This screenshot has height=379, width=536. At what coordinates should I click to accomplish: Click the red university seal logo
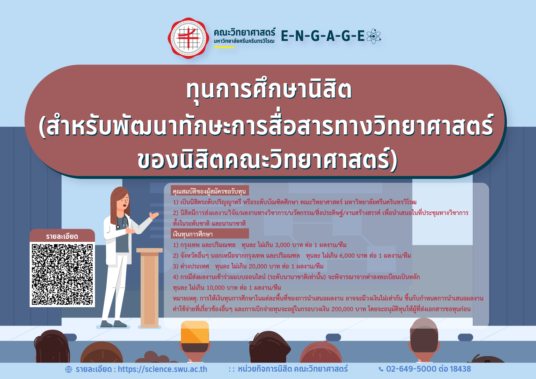click(x=189, y=38)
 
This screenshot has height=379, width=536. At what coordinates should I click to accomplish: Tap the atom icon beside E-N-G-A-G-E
click(x=373, y=36)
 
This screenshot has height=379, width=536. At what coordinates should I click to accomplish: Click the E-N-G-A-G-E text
click(x=323, y=36)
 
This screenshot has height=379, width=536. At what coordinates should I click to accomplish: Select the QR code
click(x=62, y=274)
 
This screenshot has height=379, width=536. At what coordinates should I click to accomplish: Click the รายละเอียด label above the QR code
click(x=62, y=236)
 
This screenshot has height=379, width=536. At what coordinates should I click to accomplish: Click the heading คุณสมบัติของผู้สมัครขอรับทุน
click(x=209, y=191)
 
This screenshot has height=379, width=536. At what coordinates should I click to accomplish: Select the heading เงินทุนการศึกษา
click(x=193, y=234)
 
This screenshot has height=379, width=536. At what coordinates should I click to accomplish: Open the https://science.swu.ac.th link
click(x=163, y=369)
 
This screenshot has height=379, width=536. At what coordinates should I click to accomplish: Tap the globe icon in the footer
click(x=69, y=370)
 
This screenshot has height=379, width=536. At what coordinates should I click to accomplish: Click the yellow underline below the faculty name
click(x=224, y=47)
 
